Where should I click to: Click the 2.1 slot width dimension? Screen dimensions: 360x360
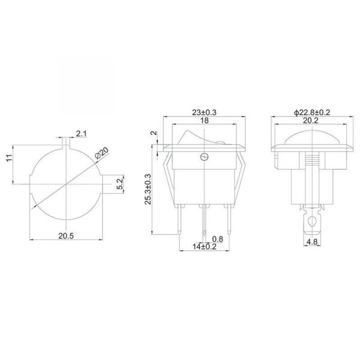pyautogui.click(x=81, y=134)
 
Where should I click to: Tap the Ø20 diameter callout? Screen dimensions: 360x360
pyautogui.click(x=101, y=153)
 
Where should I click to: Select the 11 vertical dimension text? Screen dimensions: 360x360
pyautogui.click(x=9, y=158)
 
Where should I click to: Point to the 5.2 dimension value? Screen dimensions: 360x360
pyautogui.click(x=121, y=184)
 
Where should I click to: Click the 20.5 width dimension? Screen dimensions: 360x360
pyautogui.click(x=66, y=236)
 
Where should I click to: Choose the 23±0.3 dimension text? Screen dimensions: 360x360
pyautogui.click(x=204, y=113)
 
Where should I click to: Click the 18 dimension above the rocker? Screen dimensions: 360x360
pyautogui.click(x=205, y=121)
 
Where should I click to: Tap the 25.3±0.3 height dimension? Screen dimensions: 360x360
pyautogui.click(x=148, y=189)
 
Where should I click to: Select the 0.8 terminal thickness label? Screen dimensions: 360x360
pyautogui.click(x=217, y=239)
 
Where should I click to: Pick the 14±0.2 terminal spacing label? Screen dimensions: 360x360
pyautogui.click(x=205, y=247)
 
